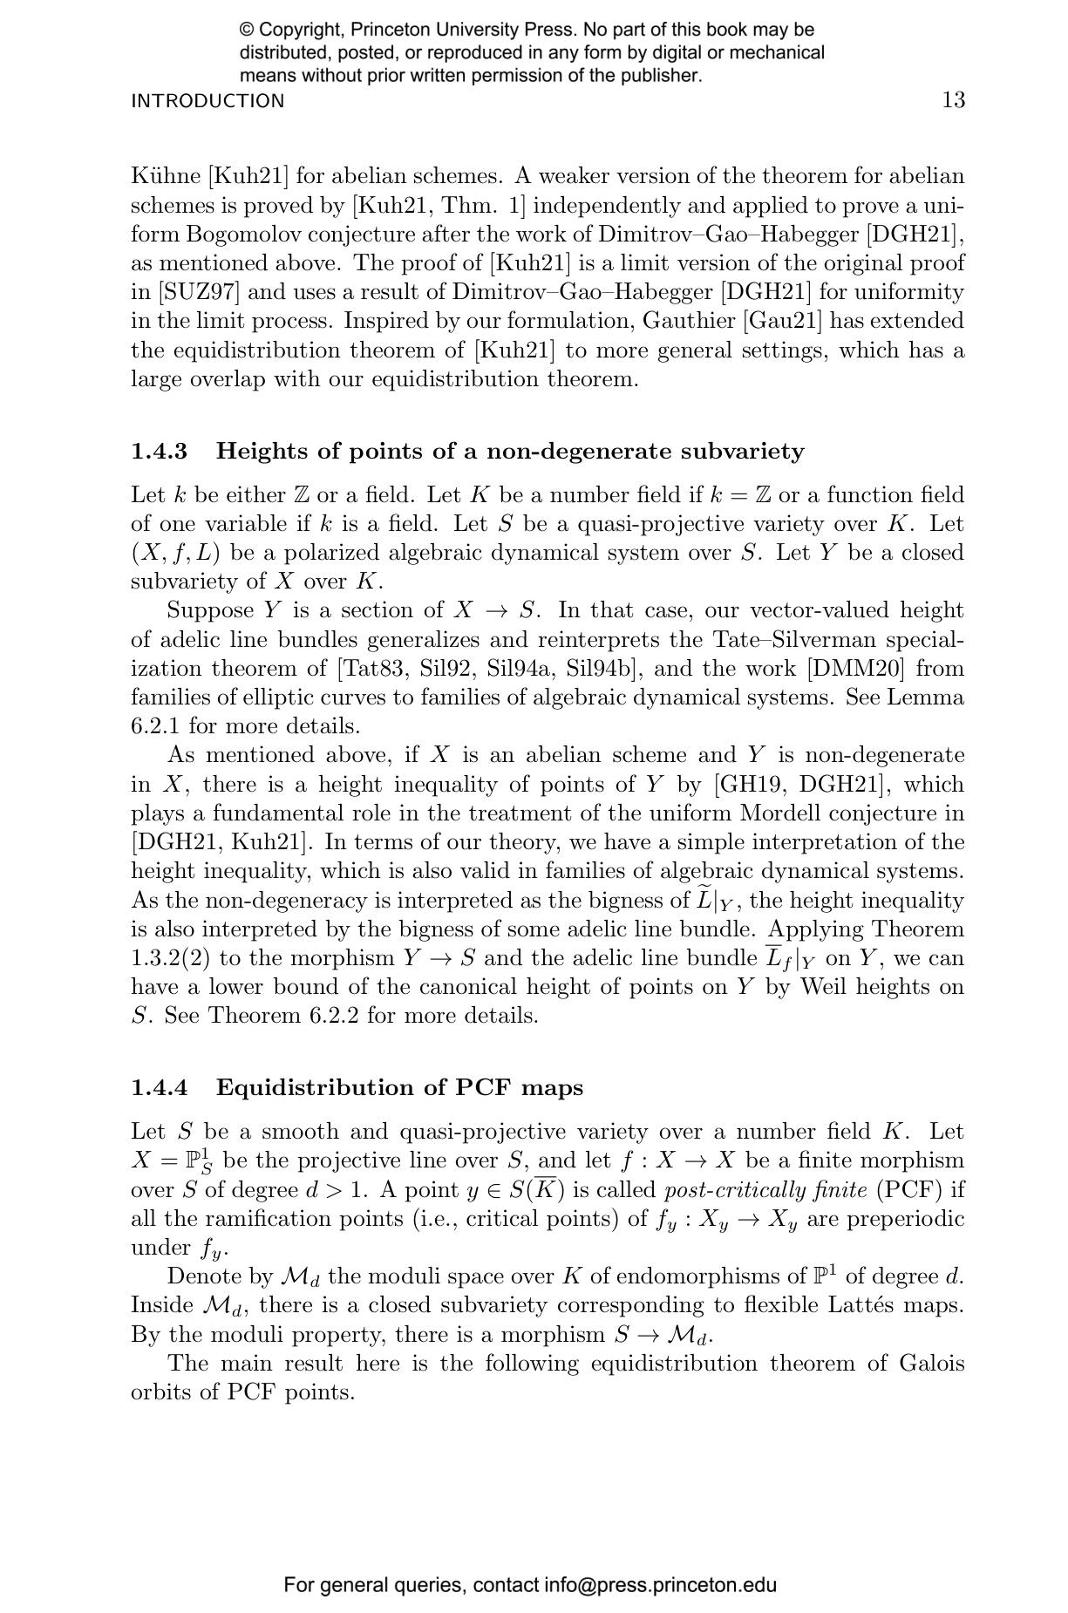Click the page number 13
[x=953, y=100]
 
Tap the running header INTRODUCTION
[x=207, y=101]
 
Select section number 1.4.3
[x=159, y=452]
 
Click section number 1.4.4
[x=159, y=1088]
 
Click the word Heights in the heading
[x=261, y=452]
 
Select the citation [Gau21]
[x=782, y=321]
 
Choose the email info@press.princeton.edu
[x=660, y=1585]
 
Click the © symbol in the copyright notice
[x=247, y=31]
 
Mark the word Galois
[x=931, y=1364]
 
